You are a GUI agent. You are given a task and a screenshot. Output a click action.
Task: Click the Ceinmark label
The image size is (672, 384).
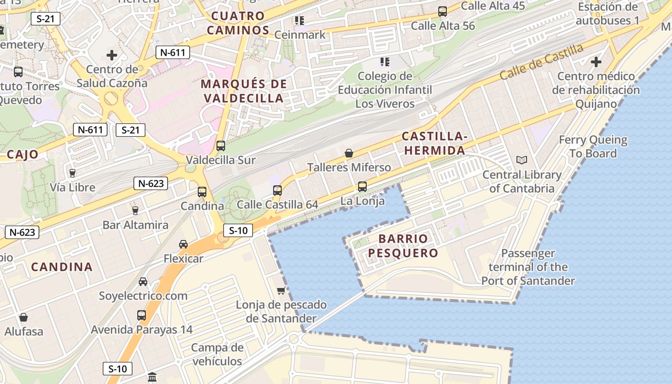pos(300,35)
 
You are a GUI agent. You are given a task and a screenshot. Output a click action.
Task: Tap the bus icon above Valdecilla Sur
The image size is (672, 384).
pos(221,146)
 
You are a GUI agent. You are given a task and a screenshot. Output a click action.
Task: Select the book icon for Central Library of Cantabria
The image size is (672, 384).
pos(521,160)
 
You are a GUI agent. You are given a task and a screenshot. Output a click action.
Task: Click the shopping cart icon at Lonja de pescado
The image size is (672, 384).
pos(281,290)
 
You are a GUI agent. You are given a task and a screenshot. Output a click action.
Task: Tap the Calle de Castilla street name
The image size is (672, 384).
pos(541,62)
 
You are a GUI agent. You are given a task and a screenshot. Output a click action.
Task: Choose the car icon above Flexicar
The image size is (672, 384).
pos(183,244)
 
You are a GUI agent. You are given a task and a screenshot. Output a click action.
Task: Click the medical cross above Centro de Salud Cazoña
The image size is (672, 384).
pos(112,55)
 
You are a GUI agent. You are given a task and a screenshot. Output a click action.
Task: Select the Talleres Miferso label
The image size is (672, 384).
pos(349,168)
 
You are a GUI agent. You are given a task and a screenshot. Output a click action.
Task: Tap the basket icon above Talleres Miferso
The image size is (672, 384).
pos(349,154)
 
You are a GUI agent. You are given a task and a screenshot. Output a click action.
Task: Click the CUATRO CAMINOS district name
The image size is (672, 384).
pos(239,23)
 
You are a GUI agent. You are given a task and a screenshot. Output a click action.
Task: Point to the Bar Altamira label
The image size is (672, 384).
pos(135,225)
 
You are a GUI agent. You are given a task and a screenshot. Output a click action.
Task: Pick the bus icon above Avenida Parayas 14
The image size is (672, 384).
pos(142,315)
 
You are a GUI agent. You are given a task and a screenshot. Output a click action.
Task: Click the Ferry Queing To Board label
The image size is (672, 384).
pos(593,147)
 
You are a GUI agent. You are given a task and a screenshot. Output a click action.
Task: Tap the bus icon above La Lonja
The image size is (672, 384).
pos(362,187)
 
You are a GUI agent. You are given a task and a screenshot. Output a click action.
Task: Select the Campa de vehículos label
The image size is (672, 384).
pos(217,354)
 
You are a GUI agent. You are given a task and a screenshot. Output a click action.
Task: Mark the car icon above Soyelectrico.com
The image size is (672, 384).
pos(143,282)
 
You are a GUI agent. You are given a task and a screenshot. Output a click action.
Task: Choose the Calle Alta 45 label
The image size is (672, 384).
pos(493,6)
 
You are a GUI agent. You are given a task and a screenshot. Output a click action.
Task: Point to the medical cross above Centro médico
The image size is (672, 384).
pos(596,62)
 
